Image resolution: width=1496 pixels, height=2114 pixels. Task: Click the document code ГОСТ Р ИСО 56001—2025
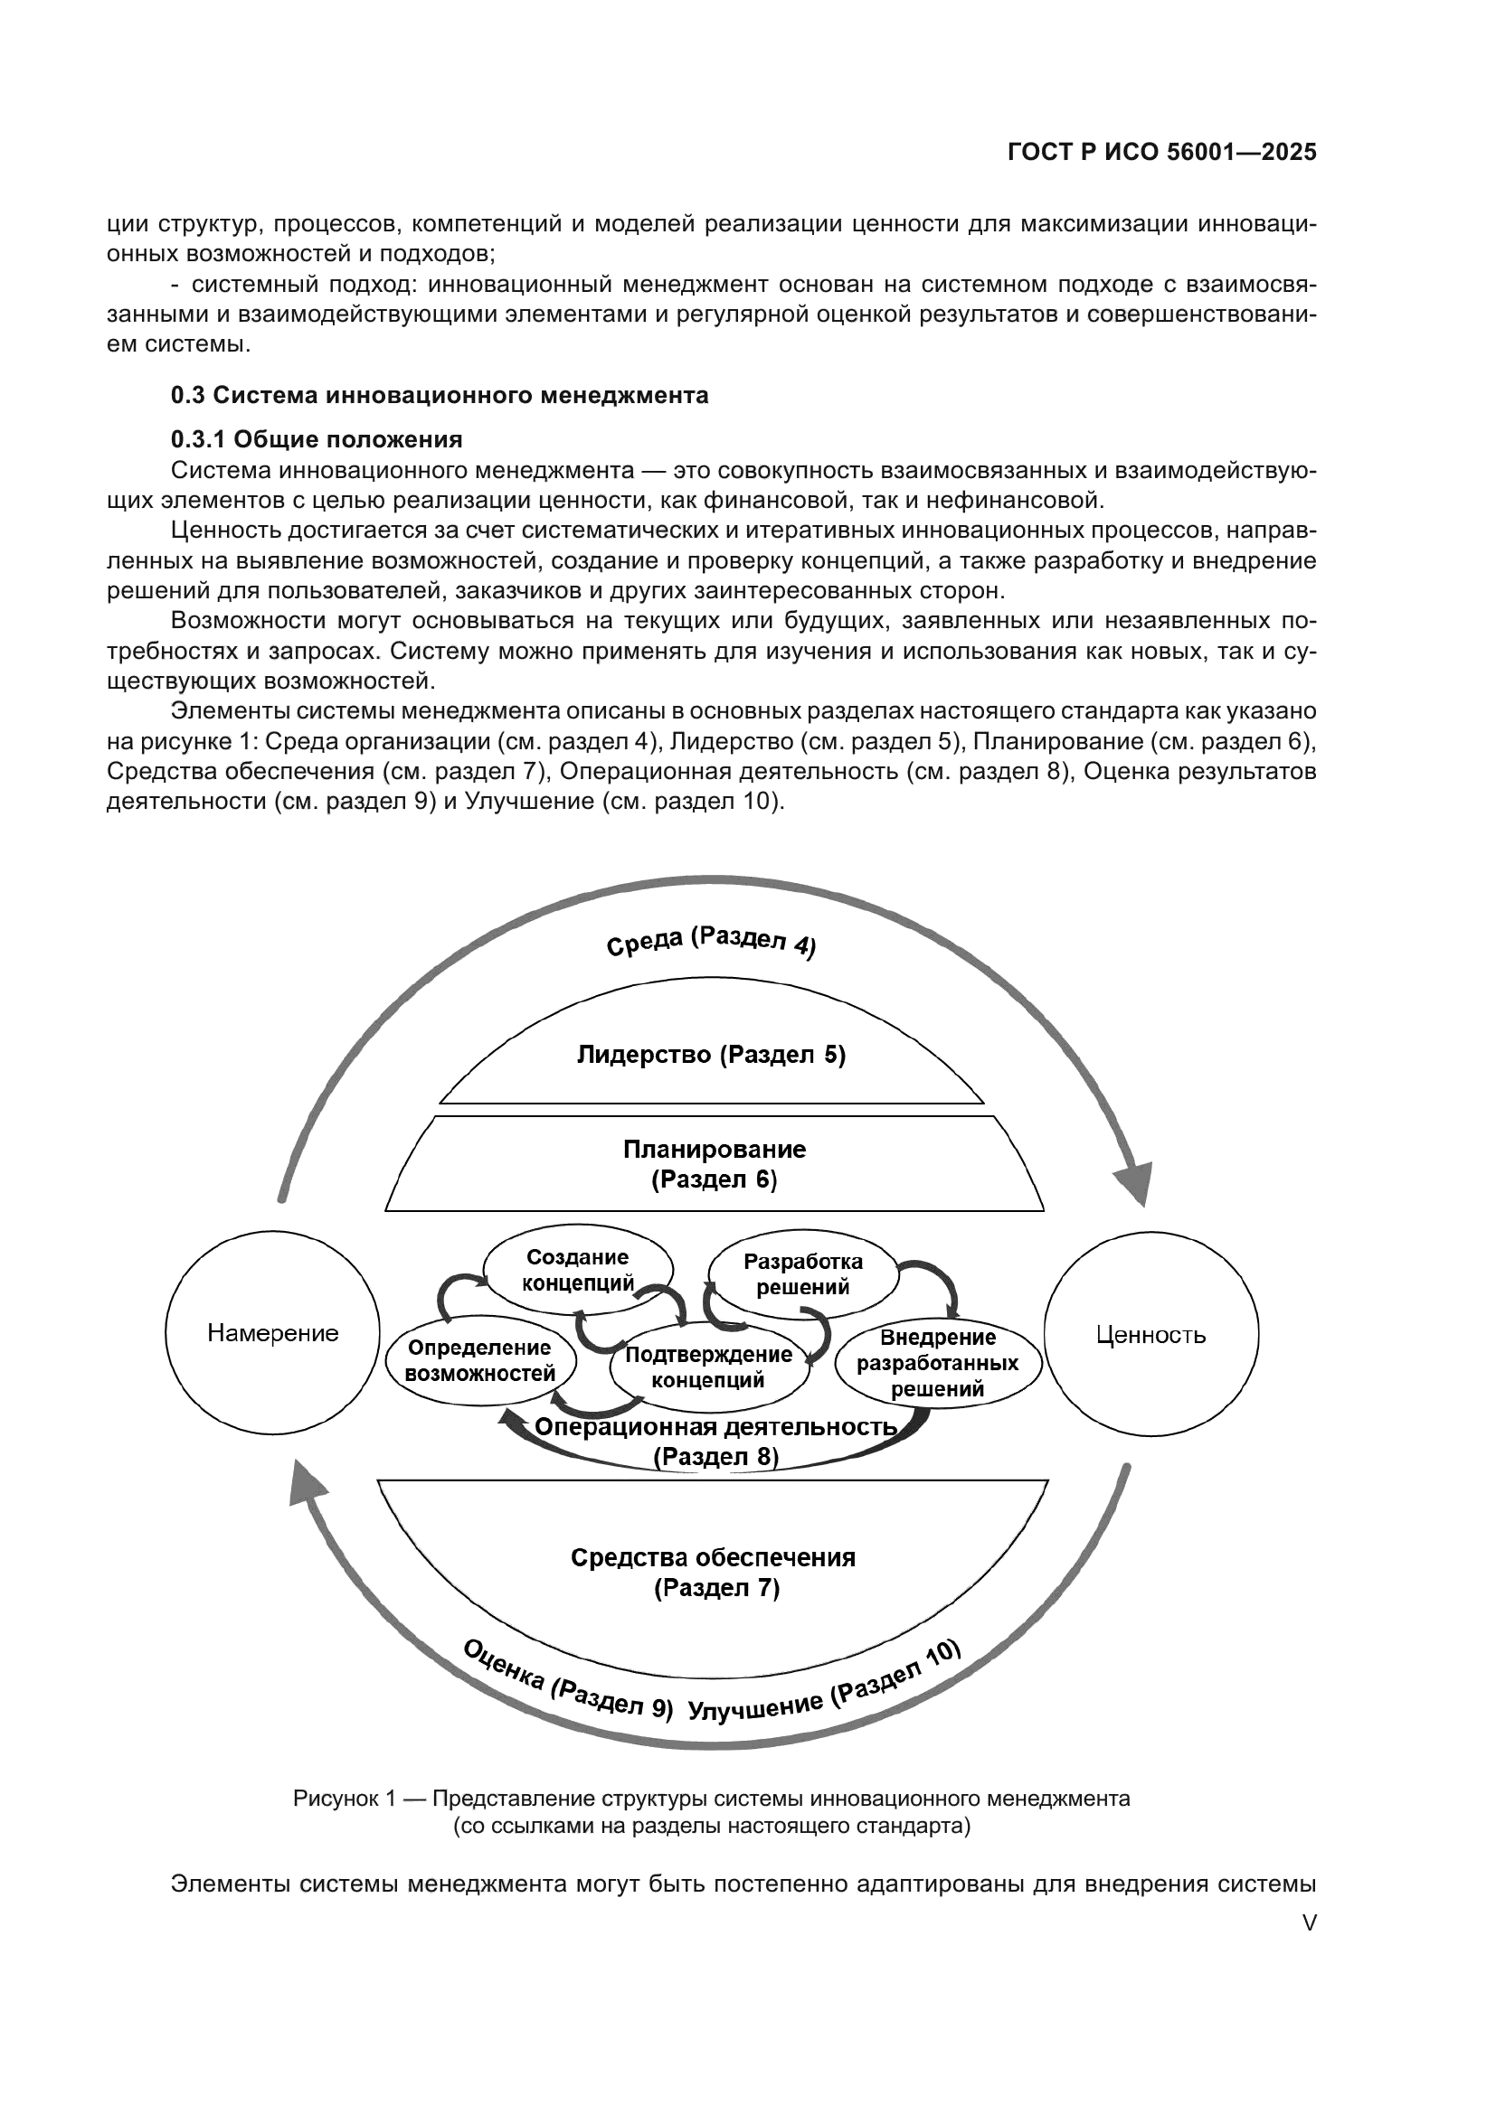pos(1162,152)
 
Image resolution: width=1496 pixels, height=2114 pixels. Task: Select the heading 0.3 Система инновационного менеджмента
pos(440,395)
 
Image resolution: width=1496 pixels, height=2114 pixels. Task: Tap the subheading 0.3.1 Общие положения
pos(316,438)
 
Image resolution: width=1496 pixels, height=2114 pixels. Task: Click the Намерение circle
pos(272,1333)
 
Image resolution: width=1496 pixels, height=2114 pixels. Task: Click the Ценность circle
pos(1150,1334)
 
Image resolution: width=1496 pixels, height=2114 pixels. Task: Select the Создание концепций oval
pos(578,1270)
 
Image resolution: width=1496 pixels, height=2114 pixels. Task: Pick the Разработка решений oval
pos(802,1274)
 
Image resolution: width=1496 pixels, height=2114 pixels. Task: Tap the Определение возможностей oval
pos(480,1361)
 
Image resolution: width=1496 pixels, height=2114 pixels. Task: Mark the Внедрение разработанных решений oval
pos(938,1364)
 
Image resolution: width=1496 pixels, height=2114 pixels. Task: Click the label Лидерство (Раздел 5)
pos(711,1054)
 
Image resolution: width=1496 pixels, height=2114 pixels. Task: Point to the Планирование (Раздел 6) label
pos(715,1164)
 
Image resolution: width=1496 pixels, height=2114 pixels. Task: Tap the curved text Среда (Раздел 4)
pos(711,942)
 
